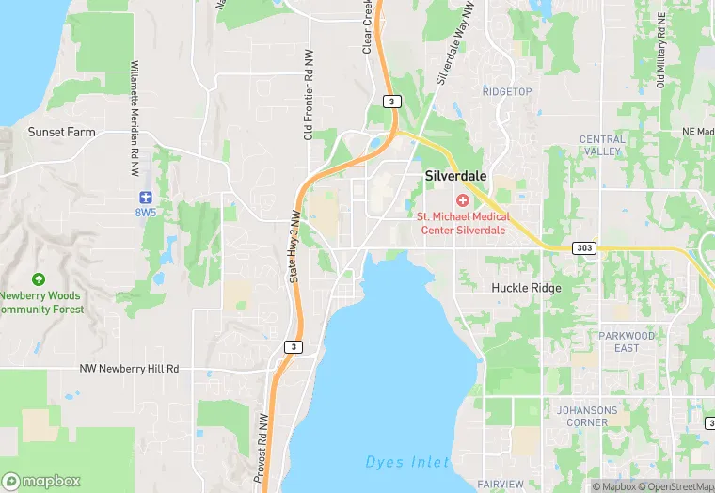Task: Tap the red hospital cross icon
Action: coord(462,200)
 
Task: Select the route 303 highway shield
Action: coord(583,248)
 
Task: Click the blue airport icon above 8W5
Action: coord(144,197)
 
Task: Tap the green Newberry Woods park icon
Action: coord(38,279)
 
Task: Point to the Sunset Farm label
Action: coord(62,132)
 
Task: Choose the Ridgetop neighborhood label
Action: coord(507,91)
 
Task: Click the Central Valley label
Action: coord(602,145)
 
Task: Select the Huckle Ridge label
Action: coord(527,288)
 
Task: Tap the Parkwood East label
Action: coord(627,342)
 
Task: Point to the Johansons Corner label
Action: coord(587,417)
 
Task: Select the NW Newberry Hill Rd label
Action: coord(129,369)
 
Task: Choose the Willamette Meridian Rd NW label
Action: coord(135,108)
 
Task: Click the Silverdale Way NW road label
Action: coord(453,52)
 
